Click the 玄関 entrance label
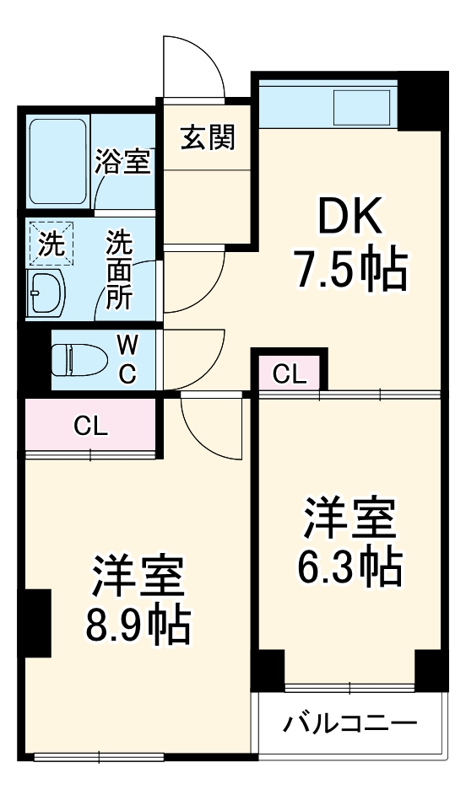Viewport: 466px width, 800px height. (208, 136)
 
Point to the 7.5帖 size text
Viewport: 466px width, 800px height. (349, 269)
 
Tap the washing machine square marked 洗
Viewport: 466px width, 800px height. (51, 245)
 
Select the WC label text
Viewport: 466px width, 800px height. (126, 358)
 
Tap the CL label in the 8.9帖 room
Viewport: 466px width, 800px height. (90, 427)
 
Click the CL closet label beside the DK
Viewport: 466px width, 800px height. (290, 373)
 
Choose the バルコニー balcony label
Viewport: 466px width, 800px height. (349, 723)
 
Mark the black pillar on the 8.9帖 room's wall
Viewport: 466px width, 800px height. (38, 623)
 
